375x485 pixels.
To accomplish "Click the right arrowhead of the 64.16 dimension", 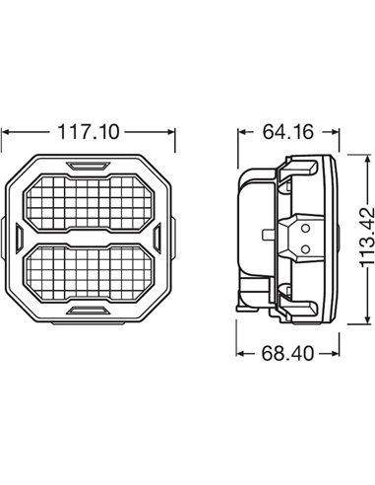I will pos(335,128).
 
